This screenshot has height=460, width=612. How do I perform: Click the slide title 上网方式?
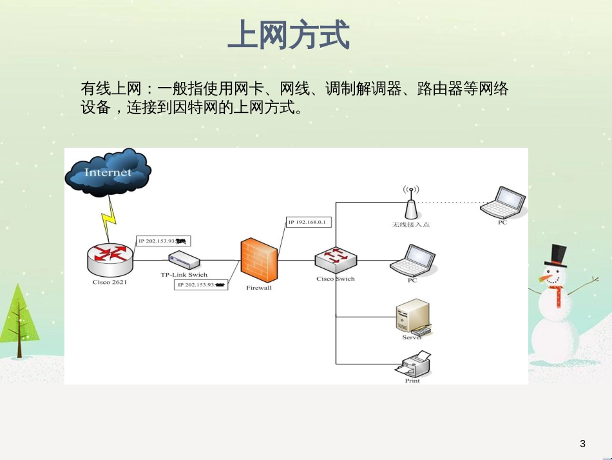point(289,35)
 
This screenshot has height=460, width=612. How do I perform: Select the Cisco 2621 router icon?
point(110,258)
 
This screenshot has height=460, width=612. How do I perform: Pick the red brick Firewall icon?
point(259,261)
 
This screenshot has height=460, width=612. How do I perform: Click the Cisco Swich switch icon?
point(336,259)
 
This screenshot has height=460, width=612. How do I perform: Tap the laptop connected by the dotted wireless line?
point(503,203)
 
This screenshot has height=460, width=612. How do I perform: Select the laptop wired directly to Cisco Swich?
point(412,260)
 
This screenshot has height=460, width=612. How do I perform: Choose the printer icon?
point(413,364)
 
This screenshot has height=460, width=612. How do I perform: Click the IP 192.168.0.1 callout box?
point(309,223)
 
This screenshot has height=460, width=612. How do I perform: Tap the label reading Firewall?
point(259,288)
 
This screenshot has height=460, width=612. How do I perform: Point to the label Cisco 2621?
point(110,282)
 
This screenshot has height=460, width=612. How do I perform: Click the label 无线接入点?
point(411,225)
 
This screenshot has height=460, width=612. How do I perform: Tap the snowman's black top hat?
point(555,256)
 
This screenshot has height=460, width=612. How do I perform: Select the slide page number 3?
point(583,443)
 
